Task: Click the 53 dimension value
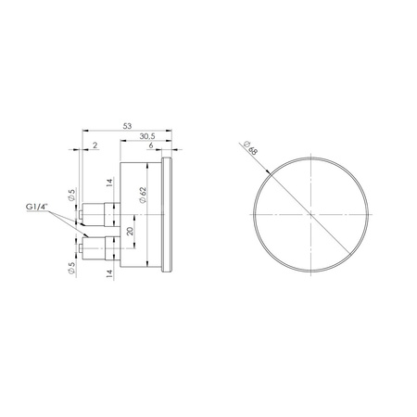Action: pyautogui.click(x=127, y=126)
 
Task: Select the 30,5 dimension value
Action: pyautogui.click(x=147, y=136)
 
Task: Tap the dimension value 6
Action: pyautogui.click(x=151, y=145)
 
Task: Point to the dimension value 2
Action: pyautogui.click(x=95, y=145)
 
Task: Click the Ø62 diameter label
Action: pyautogui.click(x=143, y=196)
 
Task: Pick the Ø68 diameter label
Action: pyautogui.click(x=250, y=148)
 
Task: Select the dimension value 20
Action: pyautogui.click(x=130, y=231)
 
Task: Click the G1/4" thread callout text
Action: pyautogui.click(x=37, y=208)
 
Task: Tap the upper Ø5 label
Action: pyautogui.click(x=71, y=196)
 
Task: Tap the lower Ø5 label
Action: pyautogui.click(x=71, y=268)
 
